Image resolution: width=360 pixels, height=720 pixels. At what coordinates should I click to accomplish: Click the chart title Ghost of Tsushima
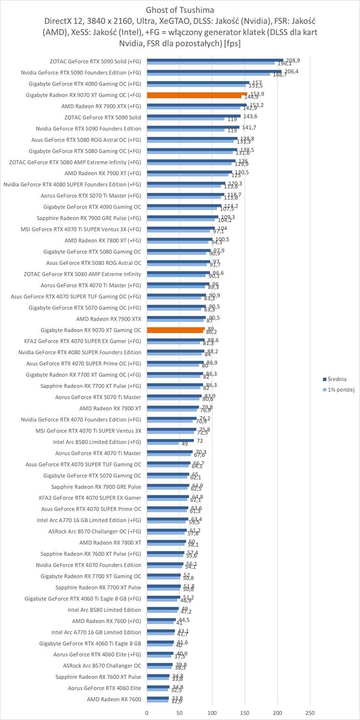click(x=180, y=10)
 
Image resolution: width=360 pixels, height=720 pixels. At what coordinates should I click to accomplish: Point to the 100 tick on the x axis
click(x=212, y=712)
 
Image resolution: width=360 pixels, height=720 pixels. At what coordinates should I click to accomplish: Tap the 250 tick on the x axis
click(x=310, y=712)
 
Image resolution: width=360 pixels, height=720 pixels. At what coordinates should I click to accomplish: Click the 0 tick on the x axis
click(x=147, y=712)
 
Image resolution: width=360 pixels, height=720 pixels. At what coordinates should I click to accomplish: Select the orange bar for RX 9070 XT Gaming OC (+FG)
click(x=197, y=94)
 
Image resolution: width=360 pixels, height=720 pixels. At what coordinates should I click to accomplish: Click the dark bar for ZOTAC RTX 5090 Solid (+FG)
click(x=215, y=60)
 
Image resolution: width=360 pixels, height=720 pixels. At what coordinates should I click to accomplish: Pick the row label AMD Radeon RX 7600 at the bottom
click(x=114, y=699)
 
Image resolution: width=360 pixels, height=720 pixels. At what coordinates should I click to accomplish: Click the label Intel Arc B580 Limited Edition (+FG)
click(x=97, y=442)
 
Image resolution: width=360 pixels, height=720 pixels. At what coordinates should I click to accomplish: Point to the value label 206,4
click(x=290, y=71)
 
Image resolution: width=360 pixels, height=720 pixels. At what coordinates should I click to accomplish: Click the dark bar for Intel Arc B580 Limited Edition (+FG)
click(x=170, y=440)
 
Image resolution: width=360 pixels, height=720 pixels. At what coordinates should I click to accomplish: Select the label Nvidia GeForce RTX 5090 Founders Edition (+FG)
click(x=81, y=72)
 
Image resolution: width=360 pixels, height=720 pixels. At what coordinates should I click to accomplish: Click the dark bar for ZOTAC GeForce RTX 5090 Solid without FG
click(x=194, y=116)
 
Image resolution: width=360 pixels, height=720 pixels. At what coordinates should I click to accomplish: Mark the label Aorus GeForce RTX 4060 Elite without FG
click(x=105, y=688)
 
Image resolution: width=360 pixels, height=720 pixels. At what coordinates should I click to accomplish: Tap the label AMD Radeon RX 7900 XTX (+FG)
click(x=101, y=106)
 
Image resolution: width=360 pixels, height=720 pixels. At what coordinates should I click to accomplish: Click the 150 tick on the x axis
click(x=245, y=712)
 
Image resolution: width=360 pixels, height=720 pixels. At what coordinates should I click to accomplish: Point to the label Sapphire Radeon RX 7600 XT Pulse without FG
click(x=98, y=677)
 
